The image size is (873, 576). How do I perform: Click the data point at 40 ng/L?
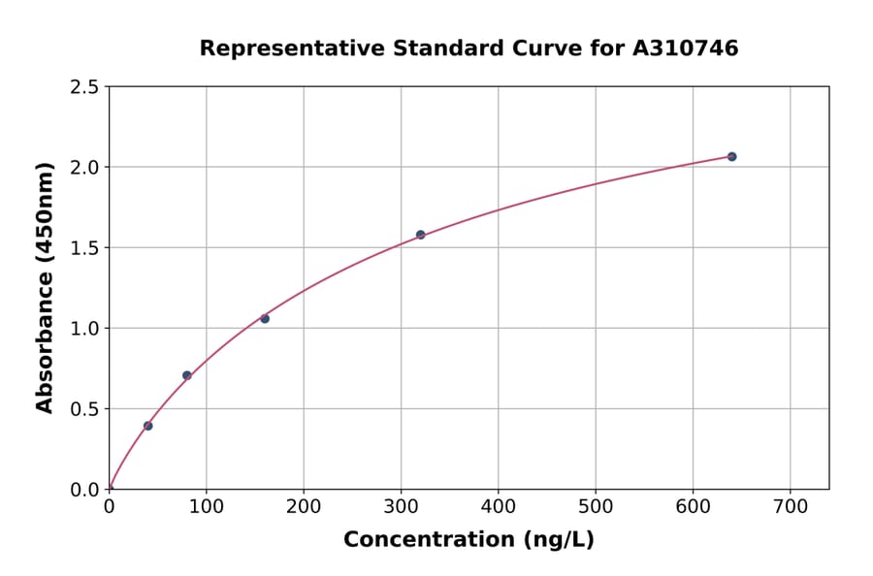point(147,426)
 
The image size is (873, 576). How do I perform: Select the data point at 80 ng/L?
point(187,375)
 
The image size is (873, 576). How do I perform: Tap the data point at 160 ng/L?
point(265,318)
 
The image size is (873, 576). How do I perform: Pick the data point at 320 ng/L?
point(420,235)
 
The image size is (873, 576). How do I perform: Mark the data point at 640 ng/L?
point(731,156)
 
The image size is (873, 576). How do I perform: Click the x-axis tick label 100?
point(206,506)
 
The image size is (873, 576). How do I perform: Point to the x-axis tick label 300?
point(401,506)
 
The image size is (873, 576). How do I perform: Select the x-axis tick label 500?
point(596,506)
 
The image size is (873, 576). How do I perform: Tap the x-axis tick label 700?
point(790,506)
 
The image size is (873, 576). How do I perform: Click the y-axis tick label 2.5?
point(85,87)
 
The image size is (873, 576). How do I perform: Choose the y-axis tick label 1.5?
point(85,248)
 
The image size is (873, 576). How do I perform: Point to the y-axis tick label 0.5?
point(85,409)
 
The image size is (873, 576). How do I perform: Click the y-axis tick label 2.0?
point(85,168)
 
